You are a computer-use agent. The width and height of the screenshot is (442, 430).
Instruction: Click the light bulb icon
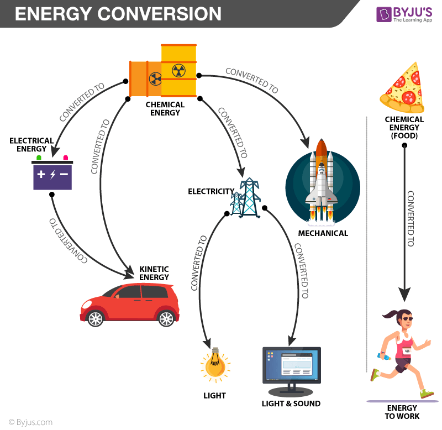(215, 364)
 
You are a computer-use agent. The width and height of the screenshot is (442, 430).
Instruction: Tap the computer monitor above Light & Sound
(291, 365)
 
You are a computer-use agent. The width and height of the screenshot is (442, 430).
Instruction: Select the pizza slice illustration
(402, 86)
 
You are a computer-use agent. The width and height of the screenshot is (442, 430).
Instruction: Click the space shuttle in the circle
(323, 177)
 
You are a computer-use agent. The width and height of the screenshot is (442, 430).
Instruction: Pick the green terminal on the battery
(39, 158)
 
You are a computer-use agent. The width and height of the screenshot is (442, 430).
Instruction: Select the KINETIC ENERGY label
(154, 272)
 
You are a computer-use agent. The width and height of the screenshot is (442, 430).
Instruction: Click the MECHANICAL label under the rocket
(323, 233)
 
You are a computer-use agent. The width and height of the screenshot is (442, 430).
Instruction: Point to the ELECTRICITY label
(211, 192)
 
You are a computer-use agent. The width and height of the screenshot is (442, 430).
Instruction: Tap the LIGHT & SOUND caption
(291, 403)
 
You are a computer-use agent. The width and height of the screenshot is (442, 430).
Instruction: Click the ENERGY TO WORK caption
(402, 412)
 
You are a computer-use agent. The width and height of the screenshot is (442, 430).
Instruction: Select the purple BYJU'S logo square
(383, 14)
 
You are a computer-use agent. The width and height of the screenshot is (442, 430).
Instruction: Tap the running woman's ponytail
(388, 317)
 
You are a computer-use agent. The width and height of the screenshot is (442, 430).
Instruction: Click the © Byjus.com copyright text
(28, 422)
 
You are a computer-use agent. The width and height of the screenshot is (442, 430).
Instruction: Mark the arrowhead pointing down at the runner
(405, 295)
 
